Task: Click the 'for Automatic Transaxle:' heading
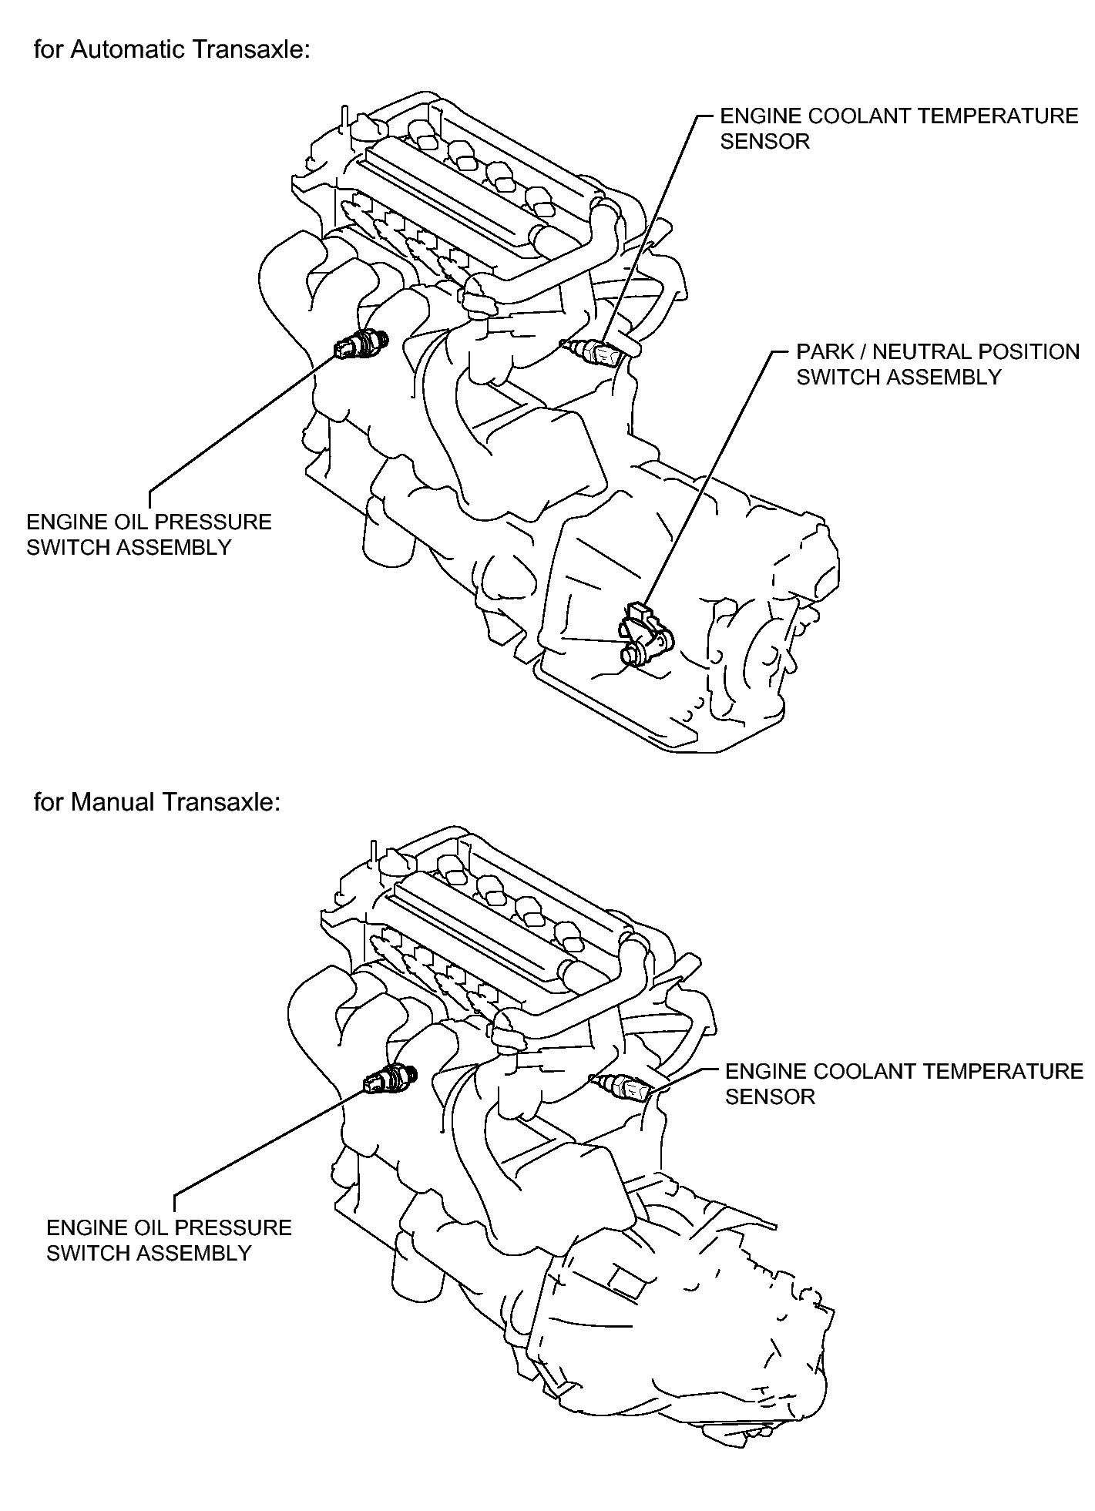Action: coord(172,50)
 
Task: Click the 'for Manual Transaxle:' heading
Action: coord(156,802)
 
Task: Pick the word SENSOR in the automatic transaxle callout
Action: coord(765,142)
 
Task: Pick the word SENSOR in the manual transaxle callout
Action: coord(770,1096)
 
